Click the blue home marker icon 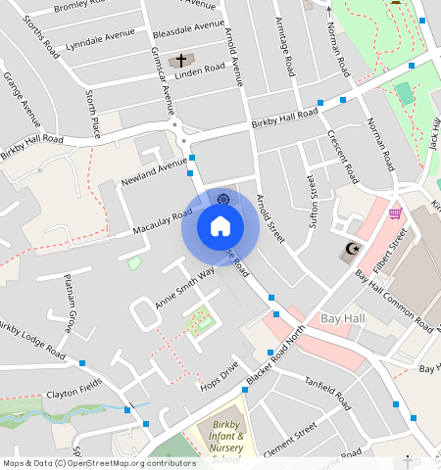(x=220, y=227)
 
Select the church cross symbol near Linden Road (x=180, y=61)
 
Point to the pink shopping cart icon (x=395, y=213)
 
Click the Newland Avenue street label (x=154, y=175)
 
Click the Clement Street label (x=291, y=436)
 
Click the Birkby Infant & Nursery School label (x=224, y=441)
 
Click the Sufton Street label (x=315, y=196)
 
